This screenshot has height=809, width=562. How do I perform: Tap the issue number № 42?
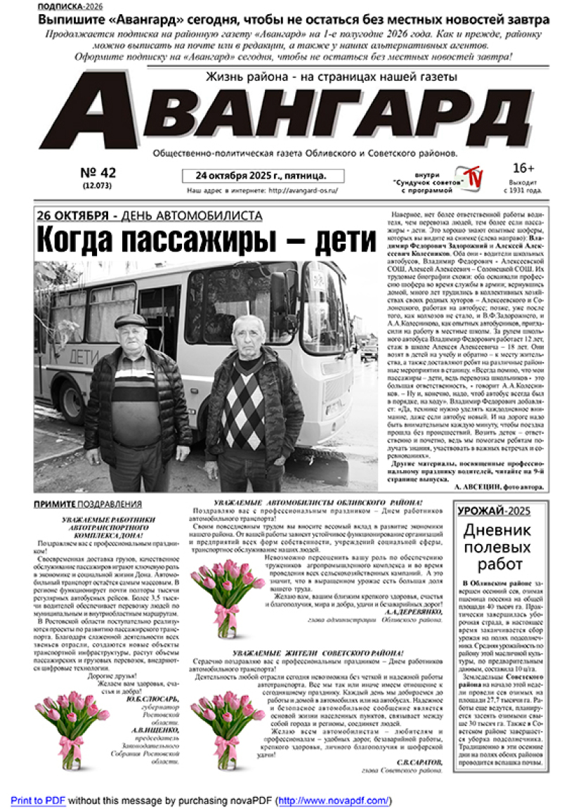click(x=98, y=173)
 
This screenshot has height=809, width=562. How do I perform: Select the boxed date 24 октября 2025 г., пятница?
click(x=254, y=175)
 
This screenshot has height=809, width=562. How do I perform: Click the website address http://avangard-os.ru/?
click(x=303, y=190)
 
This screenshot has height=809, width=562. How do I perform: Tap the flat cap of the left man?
click(x=131, y=320)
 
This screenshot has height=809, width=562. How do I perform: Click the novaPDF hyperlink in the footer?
click(x=334, y=801)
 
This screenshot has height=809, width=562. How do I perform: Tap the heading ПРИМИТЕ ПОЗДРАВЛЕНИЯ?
click(x=88, y=504)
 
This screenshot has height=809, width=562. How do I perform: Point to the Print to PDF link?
click(x=37, y=801)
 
